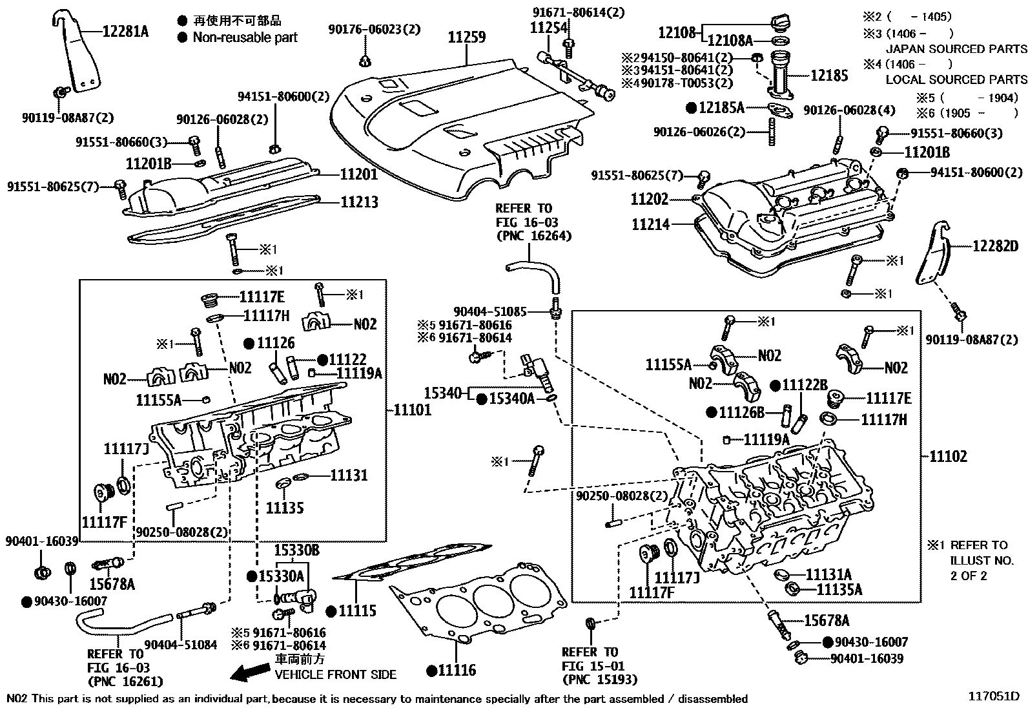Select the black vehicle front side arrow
tap(250, 674)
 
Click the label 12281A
tap(125, 30)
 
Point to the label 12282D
tap(995, 246)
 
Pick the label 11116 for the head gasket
tap(456, 670)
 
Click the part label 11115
tap(357, 611)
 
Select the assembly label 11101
tap(411, 410)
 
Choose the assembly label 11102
tap(948, 457)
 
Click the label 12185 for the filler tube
tap(828, 76)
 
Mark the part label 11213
tap(359, 202)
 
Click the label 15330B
tap(296, 551)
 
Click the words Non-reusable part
tap(245, 37)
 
